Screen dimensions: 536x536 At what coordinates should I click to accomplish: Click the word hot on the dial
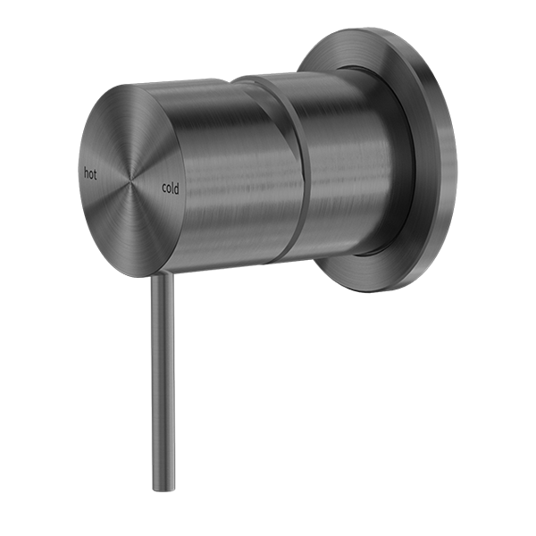point(90,172)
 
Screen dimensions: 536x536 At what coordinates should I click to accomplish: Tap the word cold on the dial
point(170,188)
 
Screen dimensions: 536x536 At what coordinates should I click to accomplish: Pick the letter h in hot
point(85,172)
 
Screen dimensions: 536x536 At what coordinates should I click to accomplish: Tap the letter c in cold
point(163,188)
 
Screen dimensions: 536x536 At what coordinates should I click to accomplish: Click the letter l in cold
point(173,188)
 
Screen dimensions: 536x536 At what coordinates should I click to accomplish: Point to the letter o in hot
point(90,173)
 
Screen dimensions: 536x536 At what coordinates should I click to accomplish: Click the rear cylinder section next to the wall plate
point(344,170)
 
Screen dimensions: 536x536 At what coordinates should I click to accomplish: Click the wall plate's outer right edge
point(453,161)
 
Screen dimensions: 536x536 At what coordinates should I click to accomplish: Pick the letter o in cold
point(168,188)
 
